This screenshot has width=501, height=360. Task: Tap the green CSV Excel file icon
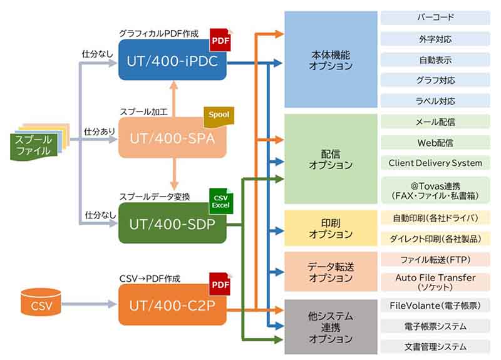[220, 201]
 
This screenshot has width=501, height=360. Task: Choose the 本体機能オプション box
[331, 59]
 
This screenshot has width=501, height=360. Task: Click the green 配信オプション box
[331, 159]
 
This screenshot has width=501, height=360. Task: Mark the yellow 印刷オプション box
[331, 228]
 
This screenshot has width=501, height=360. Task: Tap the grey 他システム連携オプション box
[331, 327]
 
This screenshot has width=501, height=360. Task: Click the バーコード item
[435, 18]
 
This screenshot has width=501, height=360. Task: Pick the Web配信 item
[435, 142]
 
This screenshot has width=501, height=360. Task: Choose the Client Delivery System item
[435, 163]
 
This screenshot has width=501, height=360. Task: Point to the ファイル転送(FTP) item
[435, 259]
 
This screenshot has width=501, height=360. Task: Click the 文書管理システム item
[435, 346]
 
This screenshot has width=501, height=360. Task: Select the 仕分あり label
[98, 131]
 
